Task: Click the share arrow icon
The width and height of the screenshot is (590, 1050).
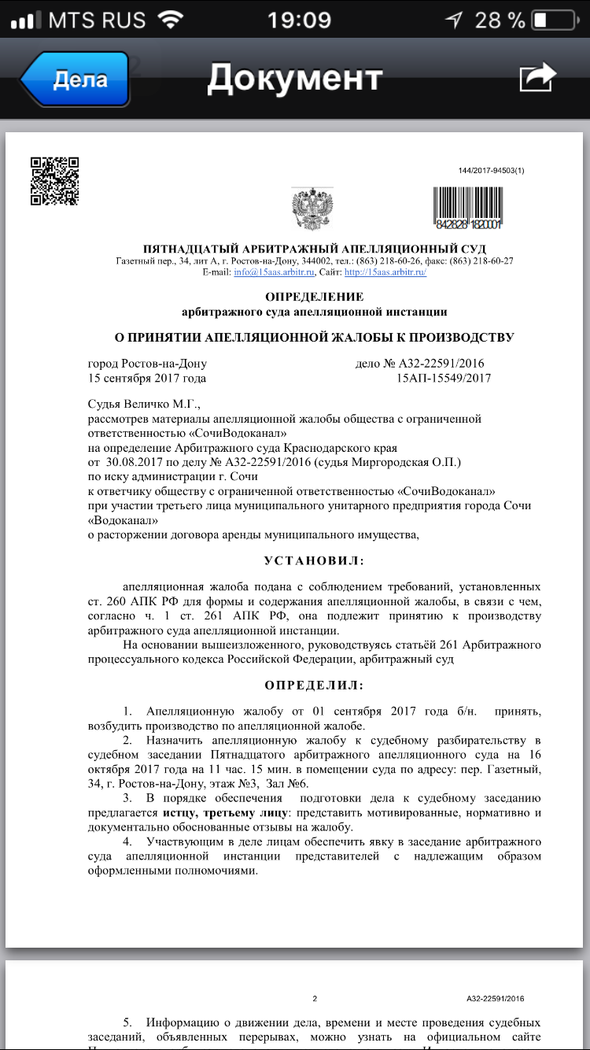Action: tap(537, 78)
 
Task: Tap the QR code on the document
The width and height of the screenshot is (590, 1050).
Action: tap(55, 181)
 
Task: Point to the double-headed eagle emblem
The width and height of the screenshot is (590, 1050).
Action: tap(312, 209)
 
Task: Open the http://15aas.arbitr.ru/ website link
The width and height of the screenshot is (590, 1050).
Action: tap(385, 272)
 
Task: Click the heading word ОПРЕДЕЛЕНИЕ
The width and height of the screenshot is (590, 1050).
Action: tap(315, 297)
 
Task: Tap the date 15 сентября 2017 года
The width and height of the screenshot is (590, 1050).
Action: tap(147, 378)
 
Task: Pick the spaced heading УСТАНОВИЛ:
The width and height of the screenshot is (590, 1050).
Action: tap(313, 561)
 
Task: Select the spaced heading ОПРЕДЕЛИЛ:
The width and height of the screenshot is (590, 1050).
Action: tap(314, 686)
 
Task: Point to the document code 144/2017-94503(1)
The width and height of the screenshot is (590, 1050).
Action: tap(491, 171)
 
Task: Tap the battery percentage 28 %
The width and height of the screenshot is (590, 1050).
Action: tap(500, 20)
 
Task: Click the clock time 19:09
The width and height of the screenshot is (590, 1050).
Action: tap(298, 20)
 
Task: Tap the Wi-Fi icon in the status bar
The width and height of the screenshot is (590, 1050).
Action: tap(169, 20)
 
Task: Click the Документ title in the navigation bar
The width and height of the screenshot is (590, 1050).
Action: tap(295, 78)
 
